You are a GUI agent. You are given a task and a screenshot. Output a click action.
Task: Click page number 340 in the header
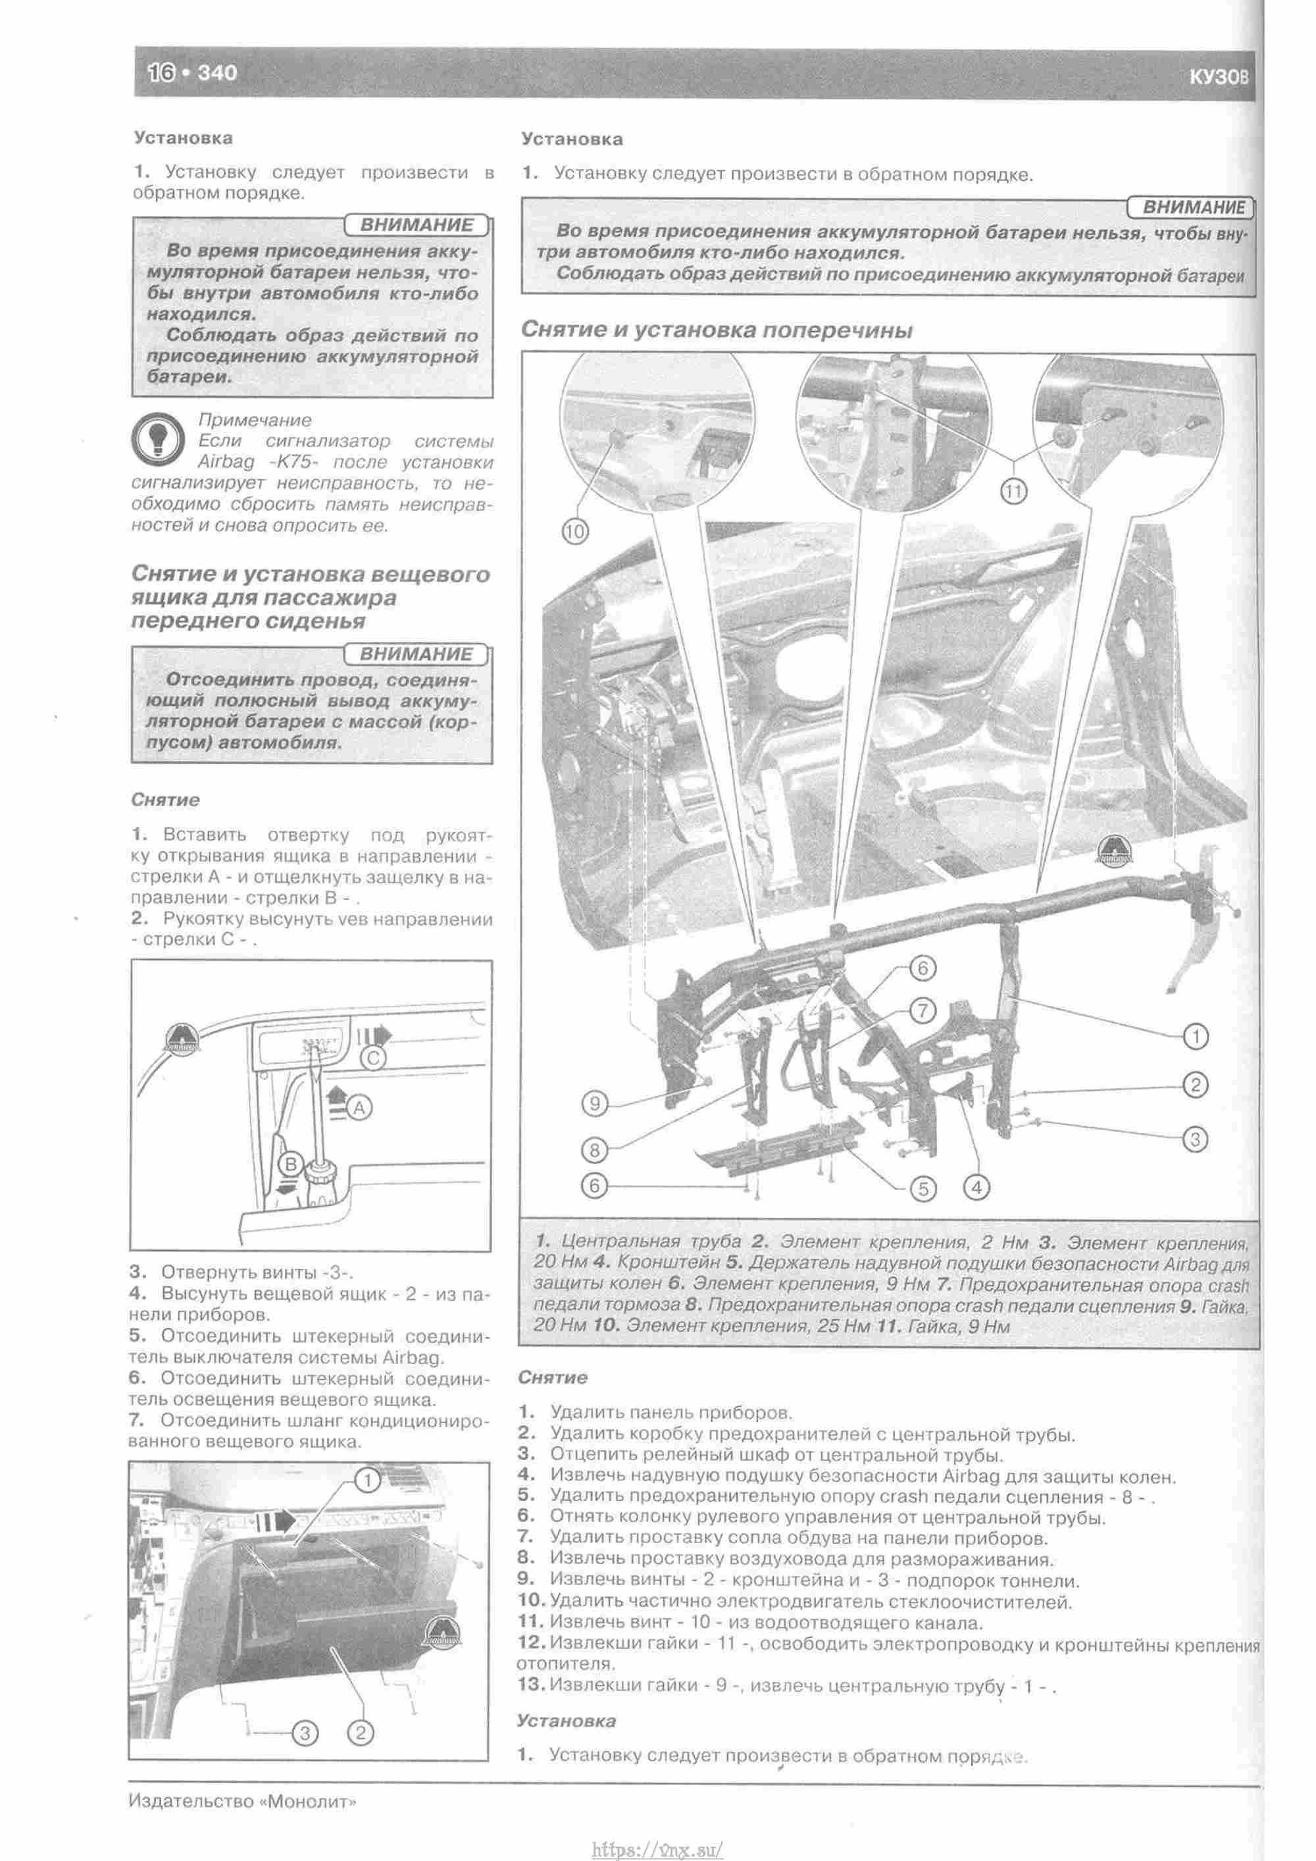coord(216,73)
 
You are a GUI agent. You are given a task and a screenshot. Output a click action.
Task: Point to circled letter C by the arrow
coord(374,1058)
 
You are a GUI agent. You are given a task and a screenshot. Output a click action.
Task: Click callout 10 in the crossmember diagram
coord(574,532)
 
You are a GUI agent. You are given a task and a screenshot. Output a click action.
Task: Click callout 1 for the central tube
coord(1196,1036)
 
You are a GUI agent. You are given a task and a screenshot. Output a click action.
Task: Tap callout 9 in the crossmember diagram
coord(595,1103)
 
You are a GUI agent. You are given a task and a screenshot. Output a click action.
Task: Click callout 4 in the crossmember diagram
coord(977,1188)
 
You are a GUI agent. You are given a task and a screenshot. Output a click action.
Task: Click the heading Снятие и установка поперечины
coord(717,330)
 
